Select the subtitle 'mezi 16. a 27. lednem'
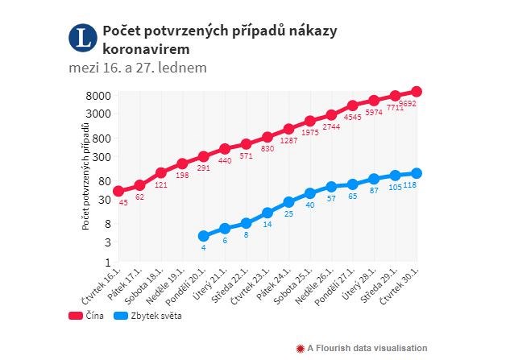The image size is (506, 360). click(x=138, y=68)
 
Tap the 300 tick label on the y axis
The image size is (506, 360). click(x=101, y=158)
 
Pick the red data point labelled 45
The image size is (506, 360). click(x=118, y=191)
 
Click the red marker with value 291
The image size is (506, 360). click(x=204, y=156)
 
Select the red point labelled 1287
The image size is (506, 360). click(x=288, y=129)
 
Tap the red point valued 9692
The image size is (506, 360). click(x=417, y=92)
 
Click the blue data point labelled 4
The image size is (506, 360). click(x=204, y=236)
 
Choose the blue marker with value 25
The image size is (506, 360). click(x=288, y=201)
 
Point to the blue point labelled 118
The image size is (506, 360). click(x=417, y=173)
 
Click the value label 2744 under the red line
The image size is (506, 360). click(x=331, y=127)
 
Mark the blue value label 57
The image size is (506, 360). click(x=331, y=197)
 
